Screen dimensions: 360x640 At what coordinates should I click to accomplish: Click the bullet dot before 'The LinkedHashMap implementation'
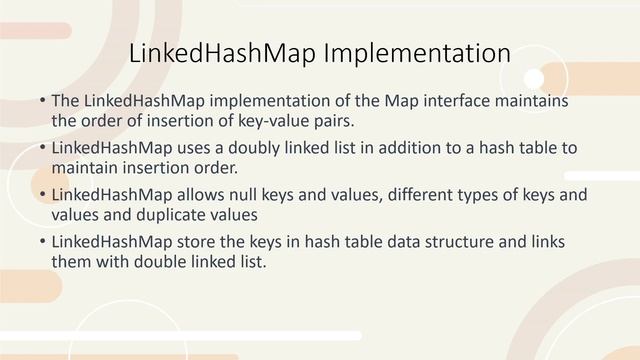(42, 103)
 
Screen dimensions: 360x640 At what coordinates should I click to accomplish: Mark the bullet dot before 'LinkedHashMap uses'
(42, 149)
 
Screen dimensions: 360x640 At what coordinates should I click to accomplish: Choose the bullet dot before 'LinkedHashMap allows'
(42, 195)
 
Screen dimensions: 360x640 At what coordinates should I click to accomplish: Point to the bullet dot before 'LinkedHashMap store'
(42, 242)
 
